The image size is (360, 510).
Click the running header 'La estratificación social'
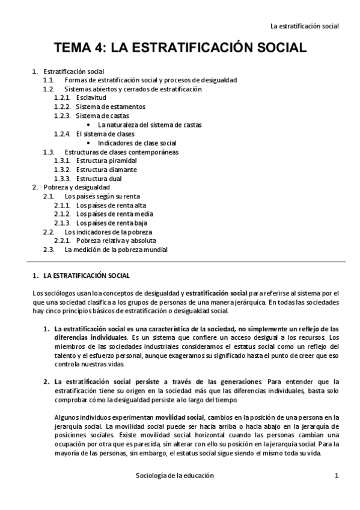pos(305,26)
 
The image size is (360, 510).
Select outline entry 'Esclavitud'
pos(91,98)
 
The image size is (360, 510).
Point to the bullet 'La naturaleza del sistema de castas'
pos(150,125)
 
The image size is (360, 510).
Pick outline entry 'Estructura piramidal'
pos(106,161)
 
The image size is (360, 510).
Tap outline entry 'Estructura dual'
pos(99,179)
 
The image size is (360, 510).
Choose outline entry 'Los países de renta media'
pos(114,214)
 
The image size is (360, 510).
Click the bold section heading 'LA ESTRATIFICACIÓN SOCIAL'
pos(87,276)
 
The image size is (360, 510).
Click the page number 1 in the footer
pos(337,475)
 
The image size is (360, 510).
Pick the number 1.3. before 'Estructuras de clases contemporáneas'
pos(49,152)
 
